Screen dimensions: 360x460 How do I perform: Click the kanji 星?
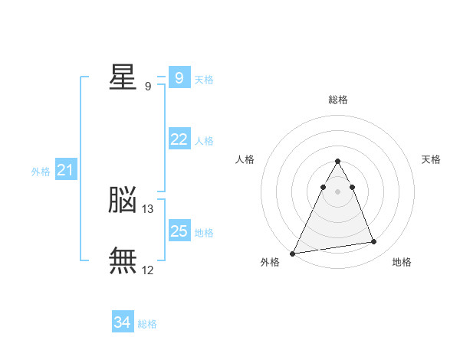pyautogui.click(x=123, y=77)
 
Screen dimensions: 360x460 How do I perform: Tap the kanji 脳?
pyautogui.click(x=123, y=200)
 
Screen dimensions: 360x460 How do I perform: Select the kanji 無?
pyautogui.click(x=123, y=260)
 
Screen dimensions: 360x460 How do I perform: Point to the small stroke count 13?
pyautogui.click(x=148, y=208)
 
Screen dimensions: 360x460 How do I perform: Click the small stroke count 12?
pyautogui.click(x=148, y=270)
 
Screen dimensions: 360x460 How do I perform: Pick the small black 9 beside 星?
pyautogui.click(x=148, y=86)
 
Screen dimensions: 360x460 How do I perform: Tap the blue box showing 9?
pyautogui.click(x=179, y=77)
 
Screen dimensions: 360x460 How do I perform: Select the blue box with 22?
pyautogui.click(x=179, y=139)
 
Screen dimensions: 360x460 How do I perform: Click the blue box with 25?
pyautogui.click(x=179, y=231)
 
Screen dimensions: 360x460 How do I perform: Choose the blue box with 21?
pyautogui.click(x=65, y=170)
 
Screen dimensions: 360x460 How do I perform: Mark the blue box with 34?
pyautogui.click(x=123, y=322)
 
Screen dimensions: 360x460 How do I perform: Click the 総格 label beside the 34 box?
pyautogui.click(x=148, y=324)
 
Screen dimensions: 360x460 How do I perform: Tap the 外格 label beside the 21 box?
pyautogui.click(x=41, y=172)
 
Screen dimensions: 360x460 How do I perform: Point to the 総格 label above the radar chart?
pyautogui.click(x=337, y=100)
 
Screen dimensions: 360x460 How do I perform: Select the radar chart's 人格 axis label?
pyautogui.click(x=245, y=159)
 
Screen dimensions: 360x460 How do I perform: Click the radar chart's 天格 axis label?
pyautogui.click(x=431, y=159)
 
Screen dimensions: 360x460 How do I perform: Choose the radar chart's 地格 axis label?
pyautogui.click(x=402, y=263)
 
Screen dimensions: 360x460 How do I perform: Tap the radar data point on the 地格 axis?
pyautogui.click(x=374, y=242)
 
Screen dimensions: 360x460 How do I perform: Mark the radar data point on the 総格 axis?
pyautogui.click(x=337, y=161)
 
